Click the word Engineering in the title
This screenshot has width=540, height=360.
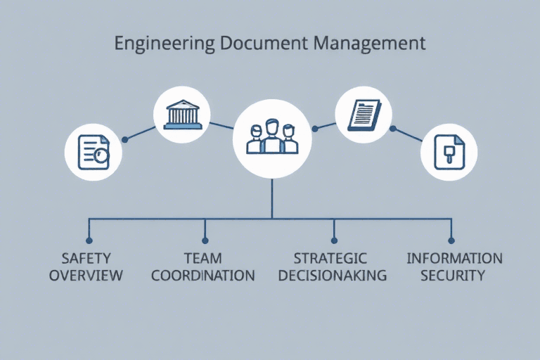tap(163, 44)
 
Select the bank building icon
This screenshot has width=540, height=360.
tap(181, 115)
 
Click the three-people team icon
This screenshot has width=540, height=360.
tap(272, 137)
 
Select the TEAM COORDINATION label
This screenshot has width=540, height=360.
tap(203, 266)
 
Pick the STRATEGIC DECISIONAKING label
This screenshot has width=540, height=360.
tap(333, 266)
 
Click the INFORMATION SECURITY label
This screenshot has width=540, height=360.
tap(454, 266)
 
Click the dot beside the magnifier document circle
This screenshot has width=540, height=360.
tap(125, 139)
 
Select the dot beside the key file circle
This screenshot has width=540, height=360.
tap(393, 128)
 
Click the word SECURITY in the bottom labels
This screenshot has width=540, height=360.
tap(453, 275)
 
